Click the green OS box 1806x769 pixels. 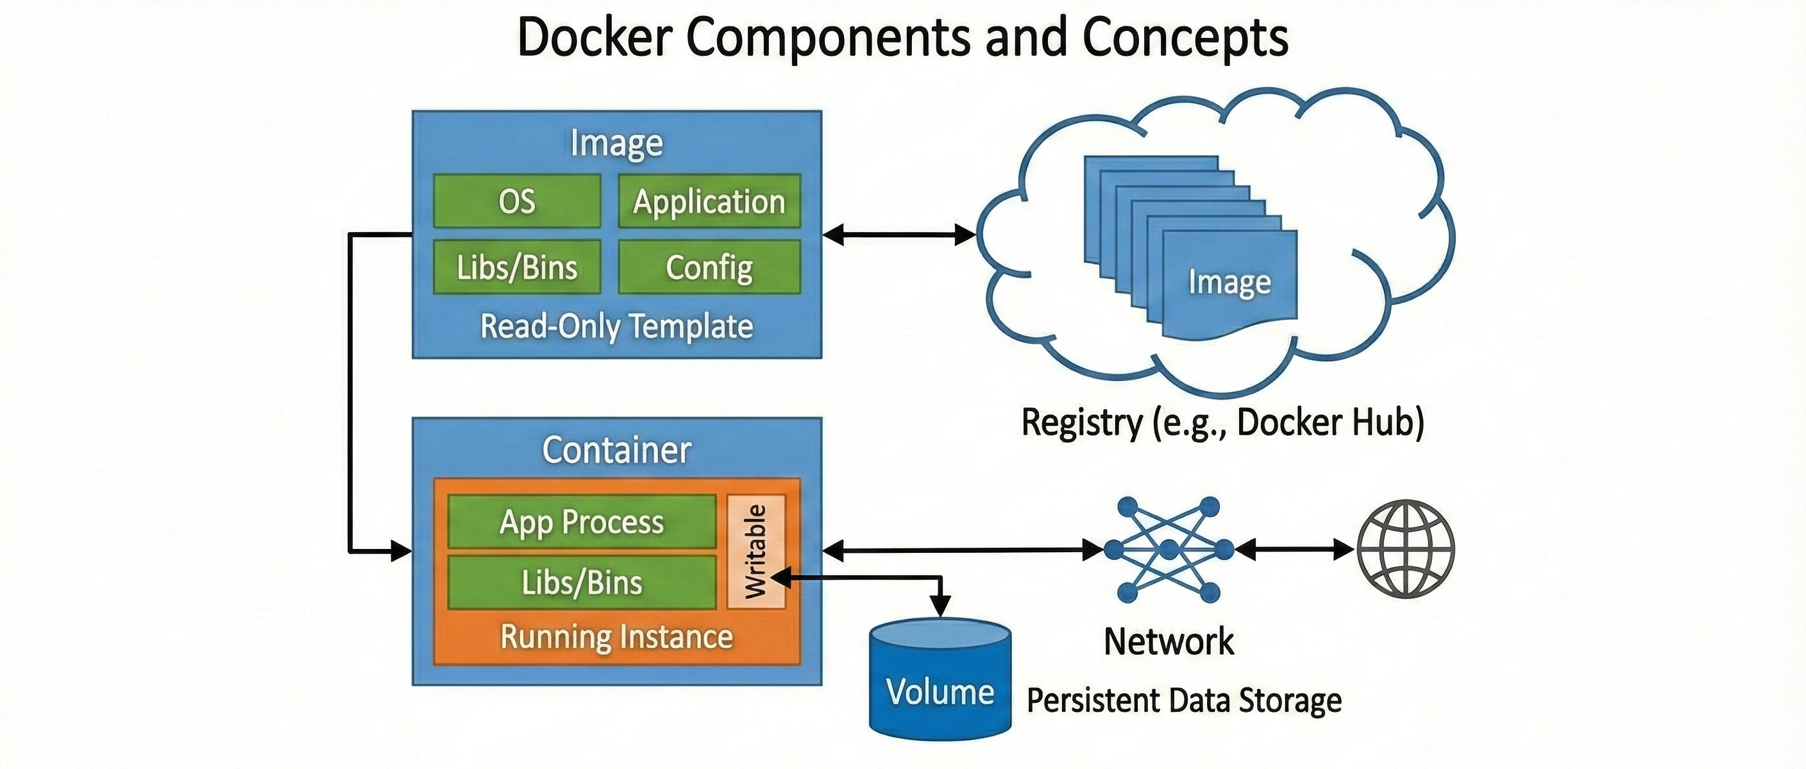(517, 201)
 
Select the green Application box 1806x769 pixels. (709, 201)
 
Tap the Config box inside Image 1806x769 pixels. (709, 267)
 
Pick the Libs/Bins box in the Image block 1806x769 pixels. (517, 267)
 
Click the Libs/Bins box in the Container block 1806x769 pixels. (581, 582)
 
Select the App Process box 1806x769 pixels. (581, 522)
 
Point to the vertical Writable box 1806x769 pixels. (755, 552)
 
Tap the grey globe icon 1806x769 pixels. (1406, 549)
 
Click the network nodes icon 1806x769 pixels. (1168, 550)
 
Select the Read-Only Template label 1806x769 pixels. (616, 326)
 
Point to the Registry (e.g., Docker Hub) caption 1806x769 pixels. (1222, 423)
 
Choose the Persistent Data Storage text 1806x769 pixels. (1184, 700)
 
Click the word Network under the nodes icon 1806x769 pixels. (1169, 641)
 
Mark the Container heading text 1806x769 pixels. (616, 450)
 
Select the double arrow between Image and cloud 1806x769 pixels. (899, 235)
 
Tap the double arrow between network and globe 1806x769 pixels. (1294, 550)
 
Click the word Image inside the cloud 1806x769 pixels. (1229, 282)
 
